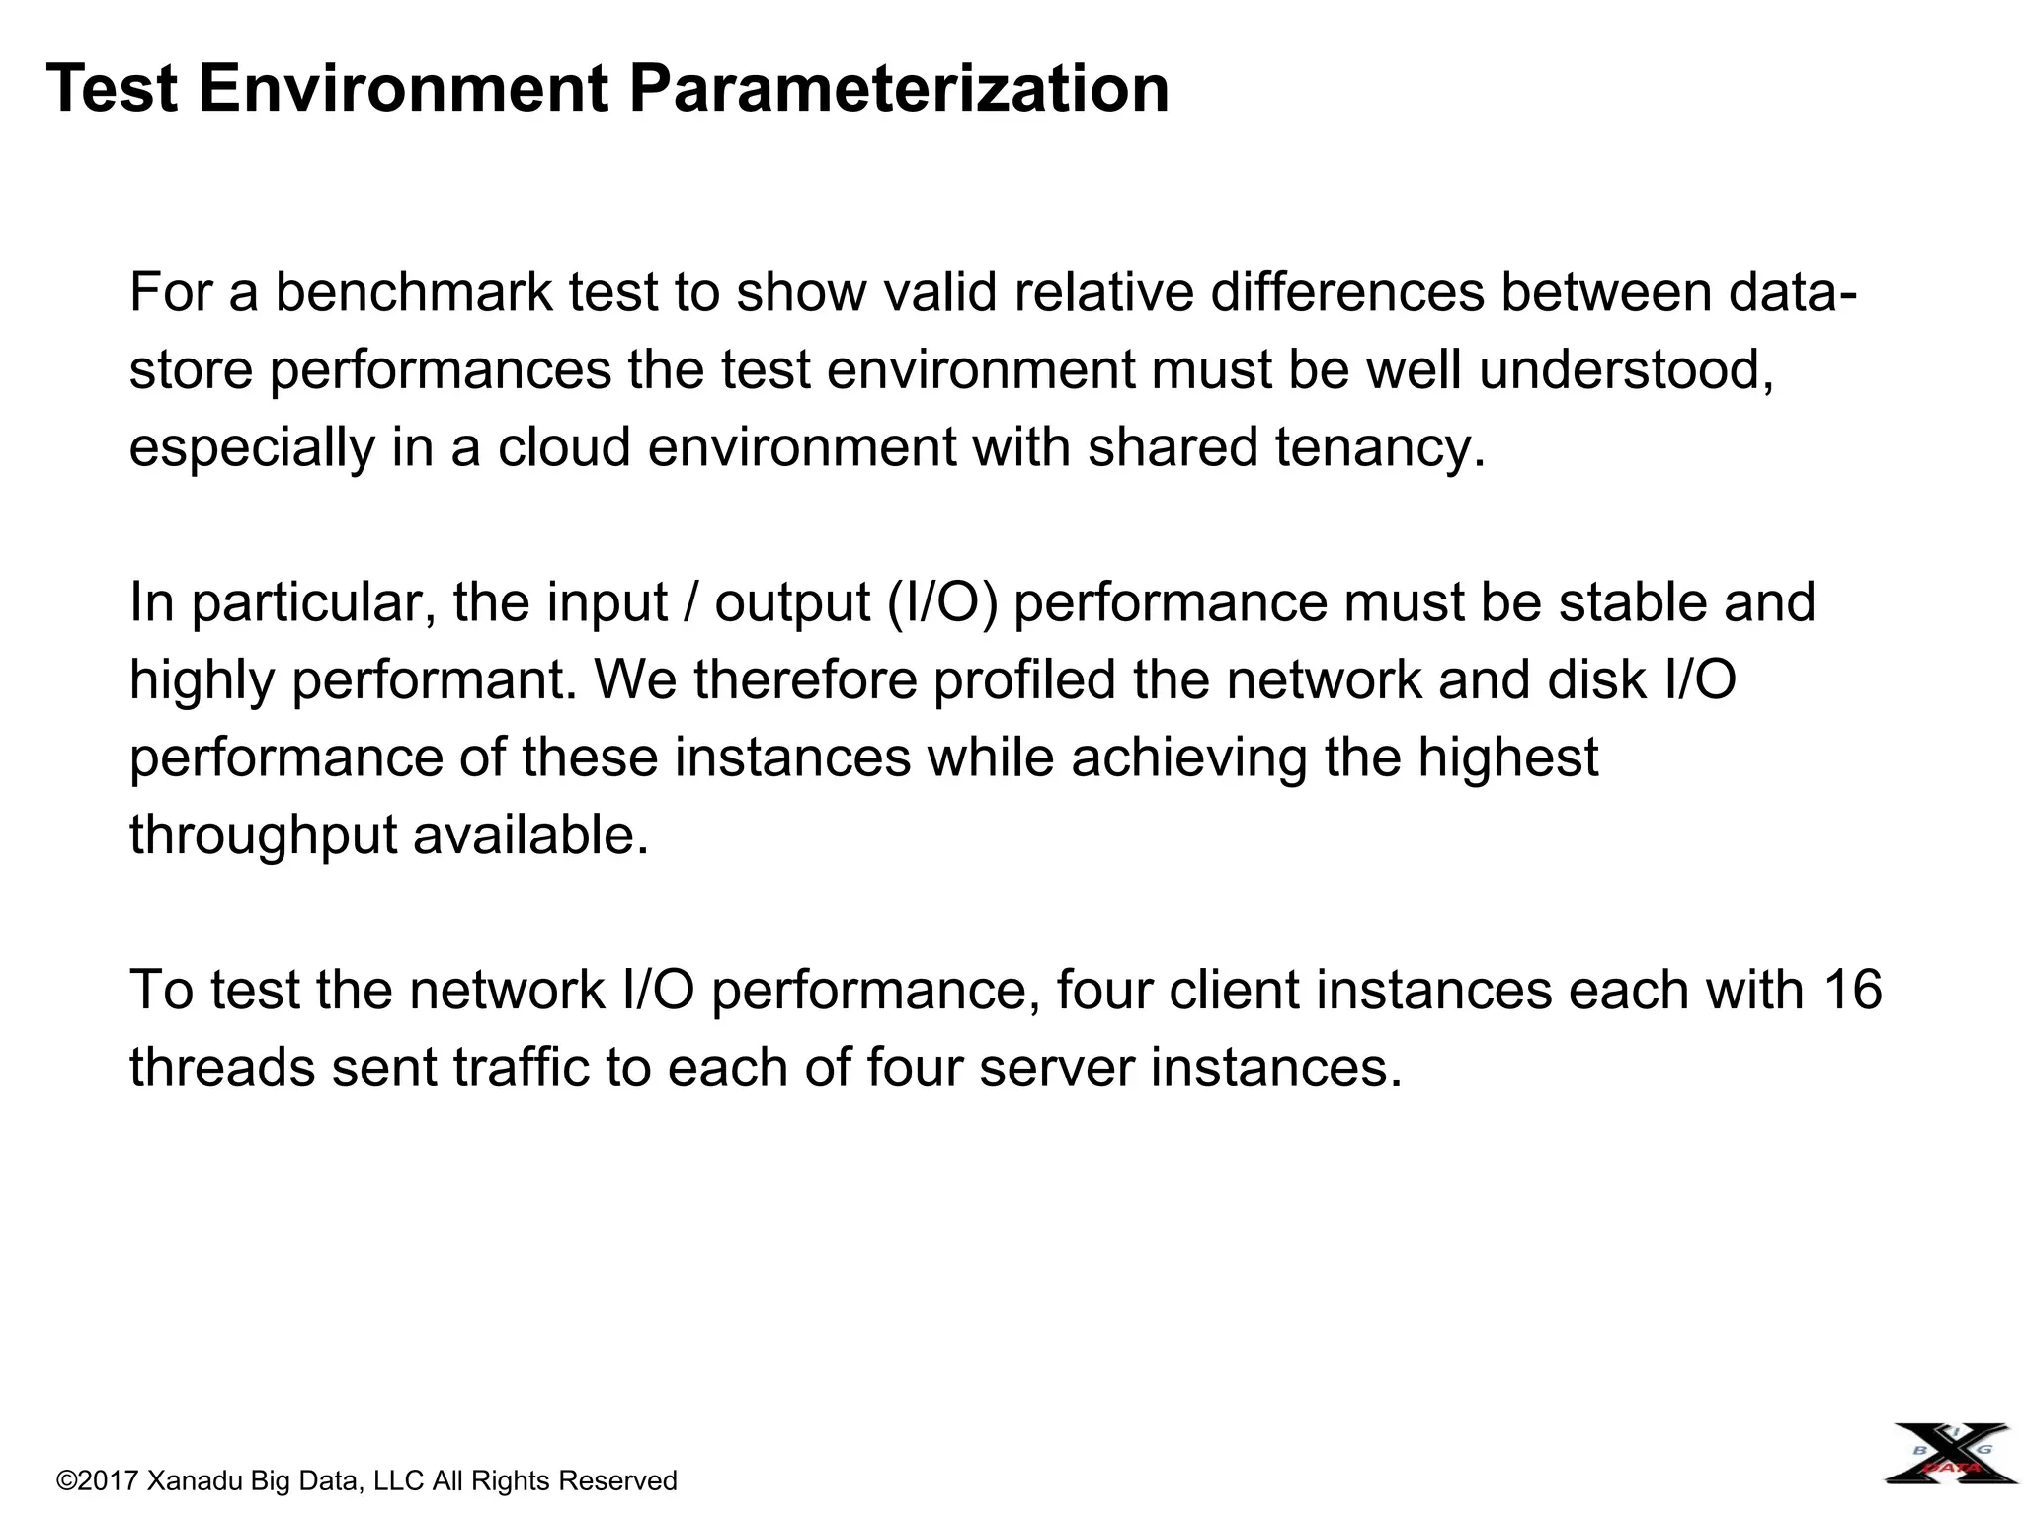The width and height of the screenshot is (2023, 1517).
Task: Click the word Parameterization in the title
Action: (x=899, y=89)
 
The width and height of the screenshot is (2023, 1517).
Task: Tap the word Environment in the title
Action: (x=403, y=89)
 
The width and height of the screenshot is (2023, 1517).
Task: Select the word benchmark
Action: (x=413, y=292)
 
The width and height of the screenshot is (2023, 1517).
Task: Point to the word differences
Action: (x=1347, y=292)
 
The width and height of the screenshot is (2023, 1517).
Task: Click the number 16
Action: (x=1852, y=991)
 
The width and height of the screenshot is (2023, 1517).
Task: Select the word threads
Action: (x=222, y=1069)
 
